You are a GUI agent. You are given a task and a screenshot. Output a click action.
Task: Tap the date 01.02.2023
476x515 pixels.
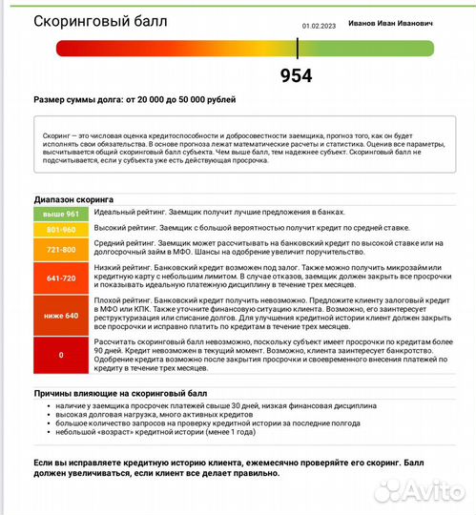[x=318, y=27]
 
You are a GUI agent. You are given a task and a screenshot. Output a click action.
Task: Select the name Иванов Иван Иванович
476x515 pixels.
[x=404, y=22]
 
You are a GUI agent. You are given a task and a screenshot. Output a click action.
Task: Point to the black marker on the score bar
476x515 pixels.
[x=298, y=48]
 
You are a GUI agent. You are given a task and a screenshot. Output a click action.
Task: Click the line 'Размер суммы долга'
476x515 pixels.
[x=134, y=99]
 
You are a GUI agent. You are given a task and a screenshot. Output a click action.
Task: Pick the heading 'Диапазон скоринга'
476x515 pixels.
[x=73, y=200]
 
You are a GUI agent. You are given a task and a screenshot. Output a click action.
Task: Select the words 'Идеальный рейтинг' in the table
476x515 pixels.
[x=126, y=212]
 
